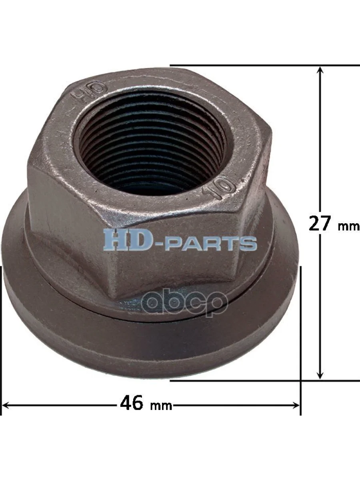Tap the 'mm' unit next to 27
pos(348,226)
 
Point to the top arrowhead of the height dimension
pos(320,70)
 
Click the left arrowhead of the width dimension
pos(6,405)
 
